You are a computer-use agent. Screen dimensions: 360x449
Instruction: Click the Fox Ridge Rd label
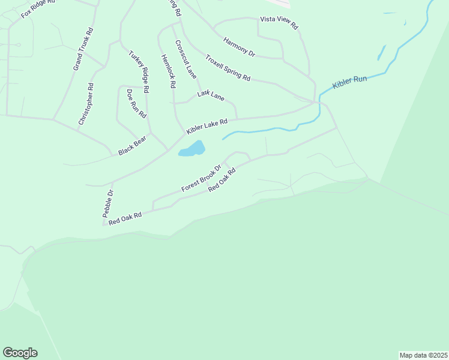pos(38,8)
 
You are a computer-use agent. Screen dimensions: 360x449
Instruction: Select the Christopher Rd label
pos(86,104)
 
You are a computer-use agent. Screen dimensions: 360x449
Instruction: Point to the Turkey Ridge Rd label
pos(139,71)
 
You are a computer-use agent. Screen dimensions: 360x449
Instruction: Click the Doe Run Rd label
pos(136,103)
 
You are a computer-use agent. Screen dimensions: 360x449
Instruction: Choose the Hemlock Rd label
pos(168,72)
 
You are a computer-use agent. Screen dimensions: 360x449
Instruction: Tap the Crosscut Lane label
pos(186,59)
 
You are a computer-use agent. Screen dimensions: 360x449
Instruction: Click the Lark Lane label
pos(211,95)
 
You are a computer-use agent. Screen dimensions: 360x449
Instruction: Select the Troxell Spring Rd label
pos(228,67)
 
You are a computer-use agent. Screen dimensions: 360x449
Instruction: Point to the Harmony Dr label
pos(239,47)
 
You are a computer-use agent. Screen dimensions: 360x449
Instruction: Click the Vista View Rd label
pos(279,23)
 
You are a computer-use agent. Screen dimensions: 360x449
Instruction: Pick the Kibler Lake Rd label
pos(206,126)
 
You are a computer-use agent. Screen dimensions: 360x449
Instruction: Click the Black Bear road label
pos(132,146)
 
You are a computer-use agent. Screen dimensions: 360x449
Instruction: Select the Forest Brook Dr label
pos(202,178)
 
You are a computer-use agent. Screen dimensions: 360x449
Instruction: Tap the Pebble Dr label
pos(107,203)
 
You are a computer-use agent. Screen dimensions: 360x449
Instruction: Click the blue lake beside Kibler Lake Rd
pos(192,148)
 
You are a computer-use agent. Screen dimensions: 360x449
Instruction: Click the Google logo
pos(20,353)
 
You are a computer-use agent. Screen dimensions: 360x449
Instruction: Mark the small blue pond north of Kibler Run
pos(381,53)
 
